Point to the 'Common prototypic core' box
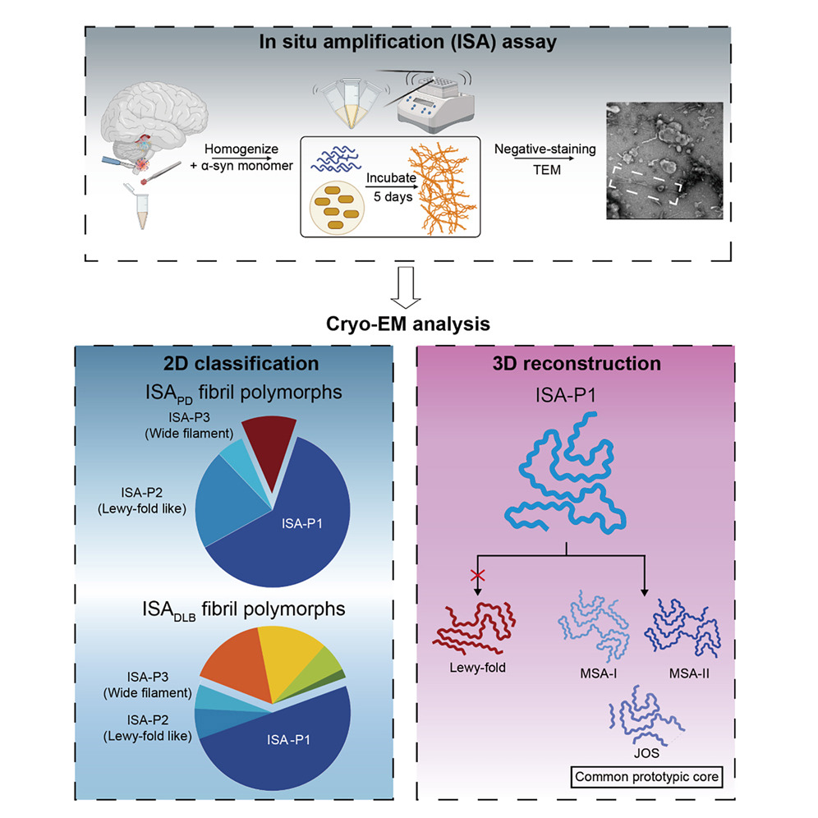click(x=646, y=777)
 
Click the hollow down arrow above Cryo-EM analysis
click(x=408, y=287)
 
